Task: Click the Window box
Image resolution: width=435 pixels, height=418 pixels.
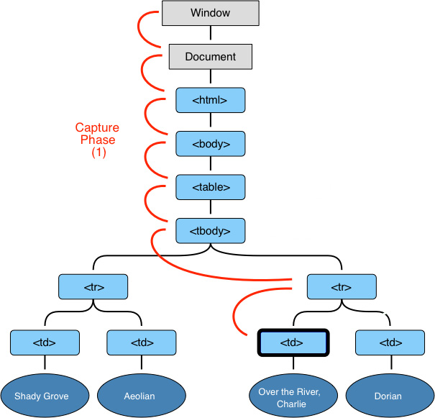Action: click(211, 13)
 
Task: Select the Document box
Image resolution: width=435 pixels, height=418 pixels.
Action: click(211, 56)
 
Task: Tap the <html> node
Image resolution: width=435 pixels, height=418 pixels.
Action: click(211, 100)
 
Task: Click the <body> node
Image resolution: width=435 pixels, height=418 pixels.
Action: click(211, 144)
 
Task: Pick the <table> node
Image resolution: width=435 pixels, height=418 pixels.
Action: click(211, 187)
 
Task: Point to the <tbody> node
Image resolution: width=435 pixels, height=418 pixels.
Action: click(211, 231)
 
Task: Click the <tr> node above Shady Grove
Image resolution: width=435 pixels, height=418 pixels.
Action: click(93, 287)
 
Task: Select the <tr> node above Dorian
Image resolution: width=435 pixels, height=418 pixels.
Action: click(342, 287)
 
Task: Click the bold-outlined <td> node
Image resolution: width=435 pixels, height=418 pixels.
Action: click(293, 342)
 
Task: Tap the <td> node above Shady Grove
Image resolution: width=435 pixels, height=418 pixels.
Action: click(45, 342)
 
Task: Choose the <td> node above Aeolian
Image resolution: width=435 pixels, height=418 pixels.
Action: click(142, 342)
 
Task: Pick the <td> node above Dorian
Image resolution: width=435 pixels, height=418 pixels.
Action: click(390, 342)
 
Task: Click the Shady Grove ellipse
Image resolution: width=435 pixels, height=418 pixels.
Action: click(45, 395)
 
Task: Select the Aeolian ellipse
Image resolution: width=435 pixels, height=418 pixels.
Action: click(142, 395)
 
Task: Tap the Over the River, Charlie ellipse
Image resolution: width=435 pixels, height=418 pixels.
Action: click(293, 395)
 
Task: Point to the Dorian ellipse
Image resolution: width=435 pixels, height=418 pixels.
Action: click(390, 395)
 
